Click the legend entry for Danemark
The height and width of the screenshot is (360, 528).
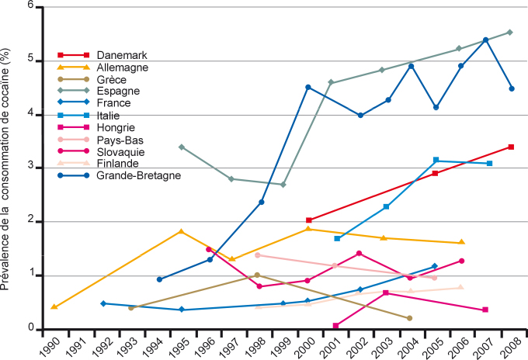(122, 55)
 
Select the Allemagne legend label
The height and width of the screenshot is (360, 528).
(123, 67)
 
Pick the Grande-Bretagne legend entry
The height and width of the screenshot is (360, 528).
(139, 175)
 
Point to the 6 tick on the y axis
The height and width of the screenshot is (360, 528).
(32, 6)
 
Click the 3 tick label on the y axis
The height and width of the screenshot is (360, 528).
(32, 168)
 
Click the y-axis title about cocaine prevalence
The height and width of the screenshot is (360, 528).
(9, 168)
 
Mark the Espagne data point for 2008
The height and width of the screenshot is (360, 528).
(509, 32)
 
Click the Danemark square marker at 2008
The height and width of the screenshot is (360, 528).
(511, 147)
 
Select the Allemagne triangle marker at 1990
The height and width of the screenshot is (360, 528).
(54, 306)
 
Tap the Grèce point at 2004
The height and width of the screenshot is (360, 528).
(409, 318)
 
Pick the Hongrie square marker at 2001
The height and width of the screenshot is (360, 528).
(335, 326)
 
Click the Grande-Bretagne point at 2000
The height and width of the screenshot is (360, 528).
(308, 87)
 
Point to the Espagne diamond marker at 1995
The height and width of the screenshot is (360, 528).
(181, 147)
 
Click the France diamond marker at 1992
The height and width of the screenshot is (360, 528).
(103, 303)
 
